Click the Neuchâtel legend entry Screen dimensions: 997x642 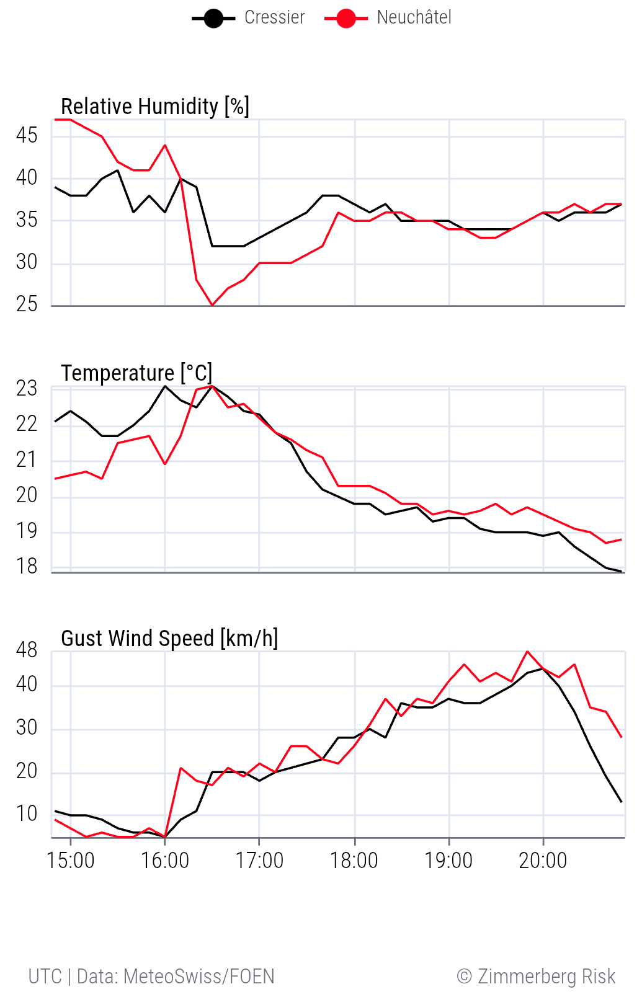389,18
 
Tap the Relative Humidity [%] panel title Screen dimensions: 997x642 155,107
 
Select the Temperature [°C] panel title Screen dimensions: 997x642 136,373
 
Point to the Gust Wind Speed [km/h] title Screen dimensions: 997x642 169,638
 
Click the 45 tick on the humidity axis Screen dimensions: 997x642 27,135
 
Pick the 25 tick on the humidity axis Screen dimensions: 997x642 27,304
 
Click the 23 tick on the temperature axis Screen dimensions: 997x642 27,389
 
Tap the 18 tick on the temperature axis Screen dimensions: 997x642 27,567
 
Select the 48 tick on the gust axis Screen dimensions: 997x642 27,650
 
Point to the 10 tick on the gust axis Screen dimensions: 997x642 27,813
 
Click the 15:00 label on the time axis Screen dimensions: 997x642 71,861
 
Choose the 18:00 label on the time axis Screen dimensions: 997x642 354,861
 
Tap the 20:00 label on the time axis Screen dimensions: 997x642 543,861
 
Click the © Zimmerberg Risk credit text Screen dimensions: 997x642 536,977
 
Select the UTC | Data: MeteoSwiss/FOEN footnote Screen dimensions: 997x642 151,977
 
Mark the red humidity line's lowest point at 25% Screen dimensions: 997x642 212,305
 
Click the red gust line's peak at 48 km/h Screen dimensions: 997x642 527,651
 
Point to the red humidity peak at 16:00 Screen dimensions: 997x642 165,145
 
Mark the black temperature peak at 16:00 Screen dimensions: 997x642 165,386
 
